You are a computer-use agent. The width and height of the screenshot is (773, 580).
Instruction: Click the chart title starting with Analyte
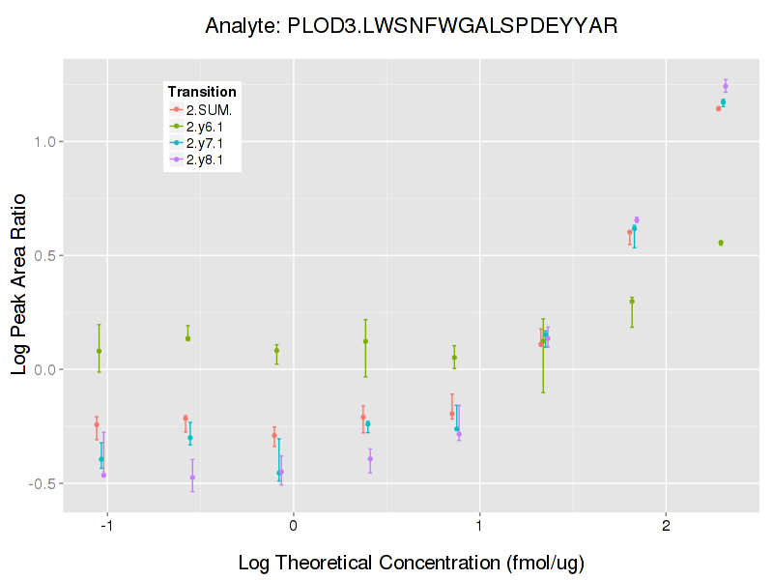coord(412,26)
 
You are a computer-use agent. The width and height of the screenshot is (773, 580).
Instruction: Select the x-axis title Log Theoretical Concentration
coord(411,562)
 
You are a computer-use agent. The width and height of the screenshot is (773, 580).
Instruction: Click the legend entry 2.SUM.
coord(209,109)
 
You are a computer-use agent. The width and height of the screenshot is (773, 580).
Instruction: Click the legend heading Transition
coord(202,92)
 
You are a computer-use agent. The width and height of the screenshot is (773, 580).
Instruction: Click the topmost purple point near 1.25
coord(726,86)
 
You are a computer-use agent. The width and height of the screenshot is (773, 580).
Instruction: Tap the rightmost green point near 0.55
coord(721,243)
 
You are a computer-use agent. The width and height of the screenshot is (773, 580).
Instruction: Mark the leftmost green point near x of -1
coord(100,351)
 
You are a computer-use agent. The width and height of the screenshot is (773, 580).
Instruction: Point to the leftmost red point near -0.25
coord(97,424)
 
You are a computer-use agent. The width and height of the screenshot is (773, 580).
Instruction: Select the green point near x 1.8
coord(632,301)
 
